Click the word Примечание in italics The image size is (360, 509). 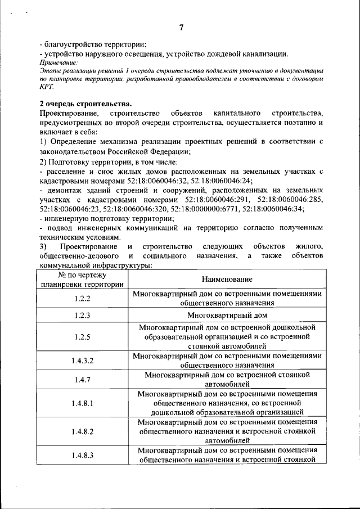pos(59,62)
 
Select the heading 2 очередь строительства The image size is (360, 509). pos(85,103)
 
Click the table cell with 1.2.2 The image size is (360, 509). pos(82,298)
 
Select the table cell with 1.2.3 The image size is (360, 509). pos(82,315)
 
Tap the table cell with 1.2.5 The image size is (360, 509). pos(82,337)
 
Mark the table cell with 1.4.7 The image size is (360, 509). pos(82,380)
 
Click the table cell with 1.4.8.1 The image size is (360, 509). pos(82,403)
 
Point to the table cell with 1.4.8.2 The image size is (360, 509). pos(82,431)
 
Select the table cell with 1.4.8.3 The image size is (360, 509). pos(82,455)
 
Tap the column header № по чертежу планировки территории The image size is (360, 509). pos(82,280)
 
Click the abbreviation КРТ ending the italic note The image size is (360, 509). pos(46,87)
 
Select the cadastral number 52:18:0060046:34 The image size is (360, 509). pos(289,208)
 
